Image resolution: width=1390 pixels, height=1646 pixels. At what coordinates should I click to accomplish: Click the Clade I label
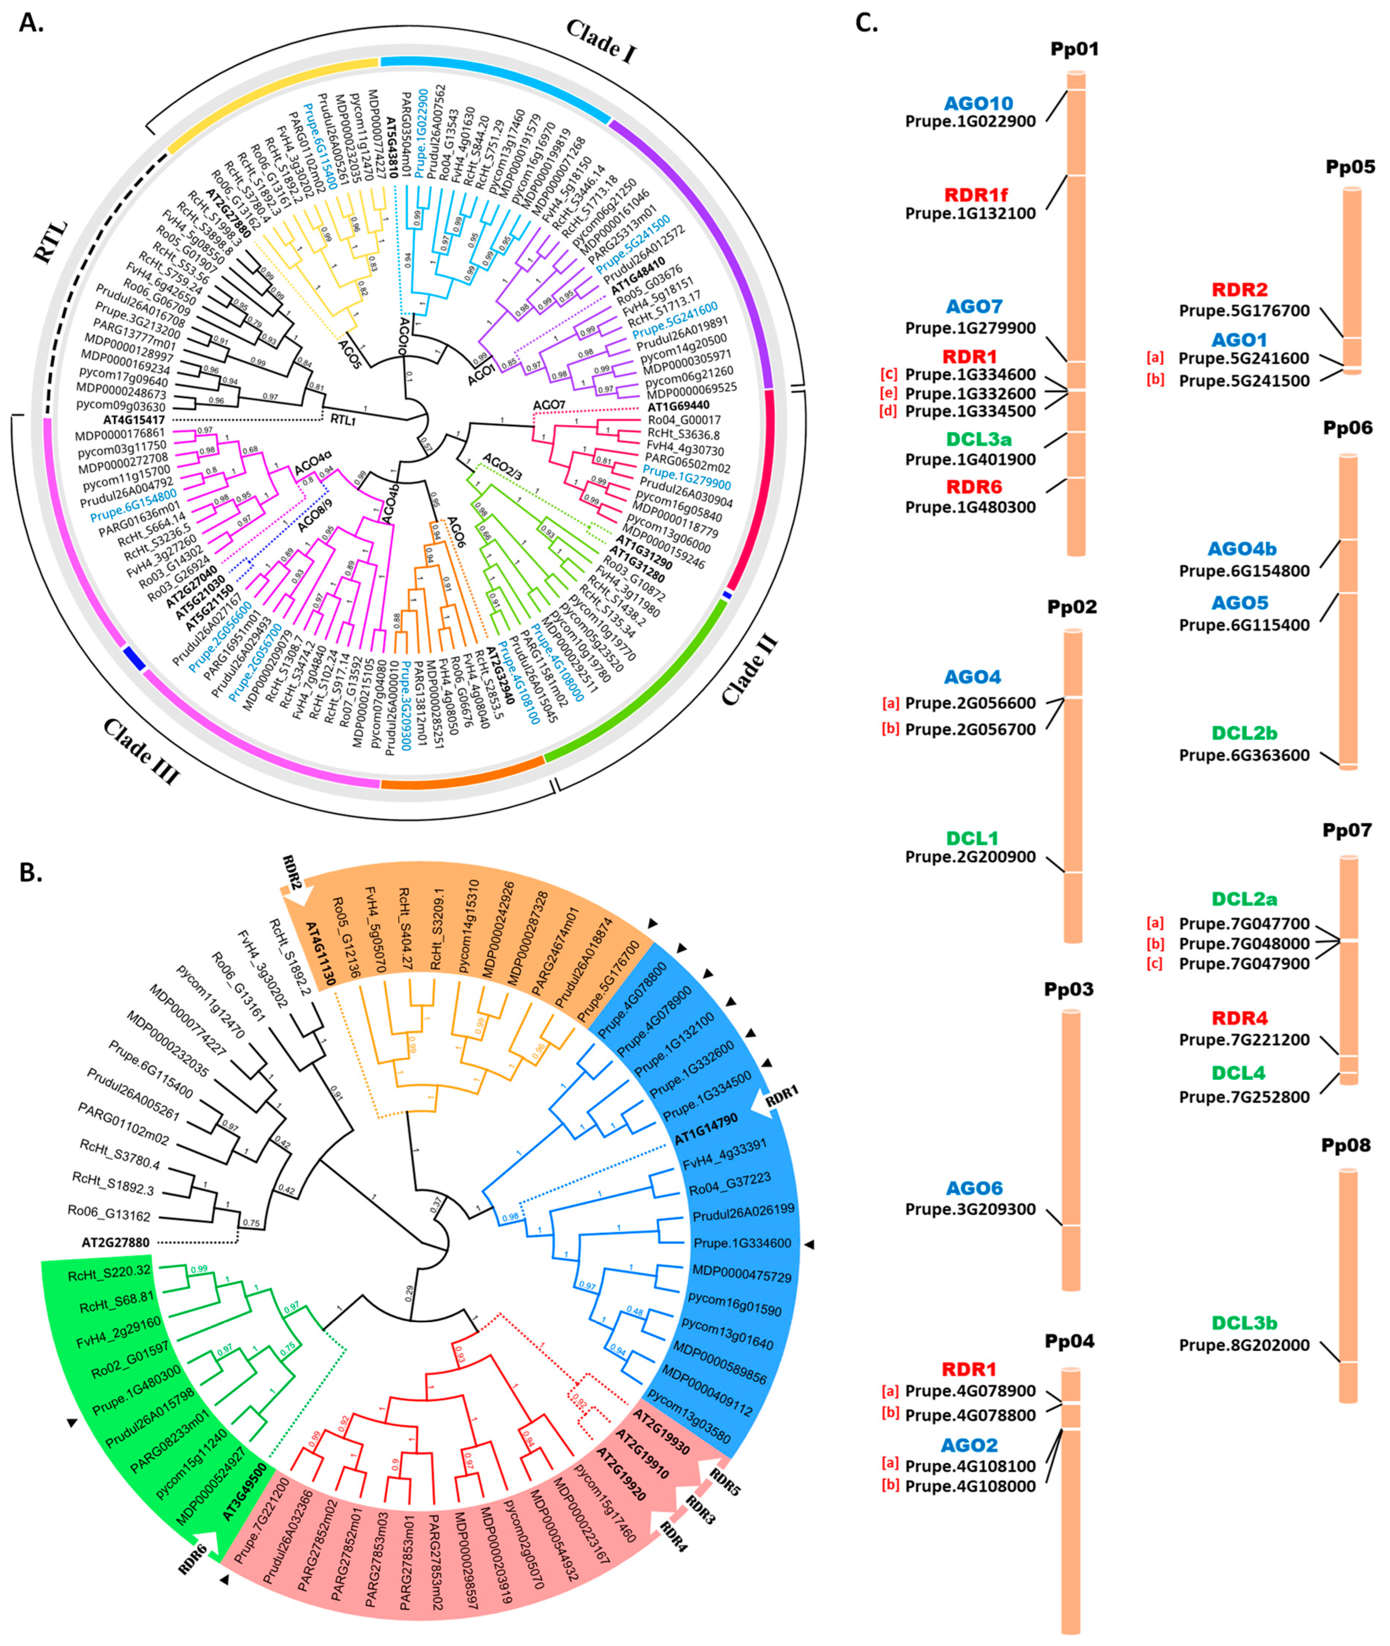(601, 41)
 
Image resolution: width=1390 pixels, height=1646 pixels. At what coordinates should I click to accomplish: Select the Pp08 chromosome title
(1345, 1145)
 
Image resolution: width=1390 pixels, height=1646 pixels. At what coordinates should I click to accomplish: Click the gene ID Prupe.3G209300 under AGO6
(970, 1209)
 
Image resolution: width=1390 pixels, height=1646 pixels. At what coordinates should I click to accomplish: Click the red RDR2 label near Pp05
(1239, 289)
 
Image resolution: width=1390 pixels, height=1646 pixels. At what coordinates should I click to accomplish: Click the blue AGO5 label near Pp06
(1239, 603)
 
